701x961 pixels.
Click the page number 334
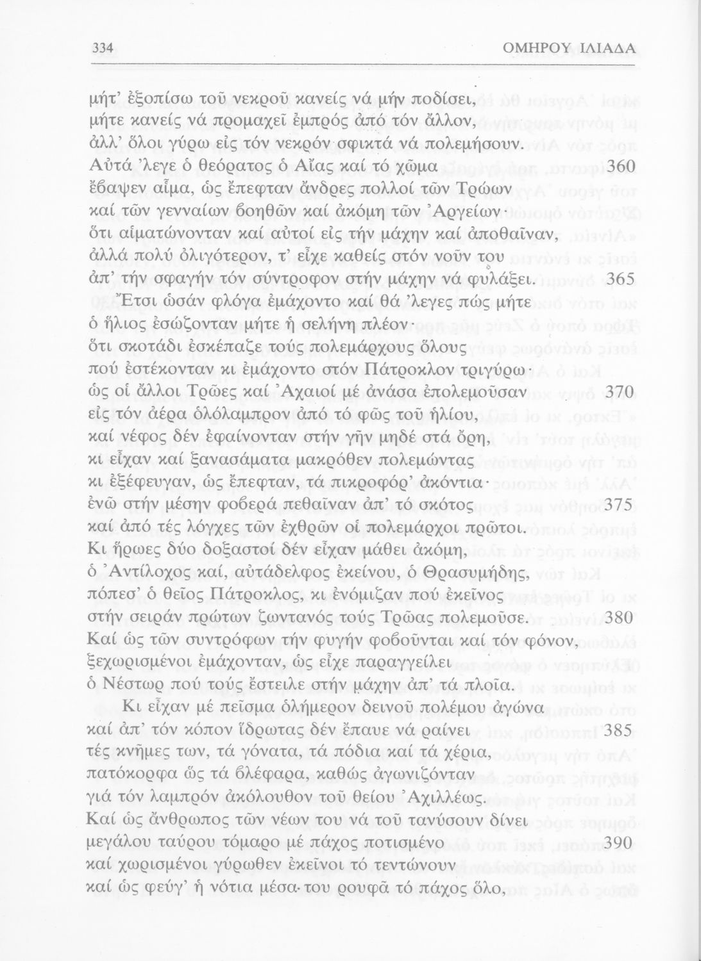click(103, 47)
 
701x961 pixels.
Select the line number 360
click(620, 167)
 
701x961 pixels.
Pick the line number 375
click(620, 505)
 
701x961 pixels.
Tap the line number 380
click(620, 618)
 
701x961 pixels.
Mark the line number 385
click(620, 730)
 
